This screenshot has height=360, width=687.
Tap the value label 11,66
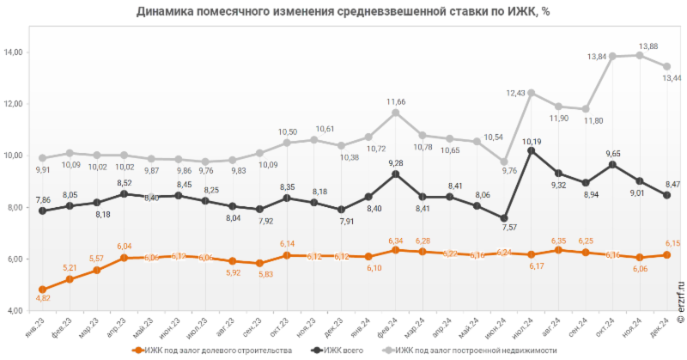pos(396,102)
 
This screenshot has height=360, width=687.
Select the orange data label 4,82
pos(42,298)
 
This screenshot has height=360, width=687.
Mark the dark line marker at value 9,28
pos(396,174)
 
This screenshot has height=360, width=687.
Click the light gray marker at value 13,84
pos(612,57)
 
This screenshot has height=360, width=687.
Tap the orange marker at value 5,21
pos(70,279)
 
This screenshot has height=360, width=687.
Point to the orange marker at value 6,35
pos(558,250)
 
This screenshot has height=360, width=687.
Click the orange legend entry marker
pos(137,350)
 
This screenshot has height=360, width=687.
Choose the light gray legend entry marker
pos(389,350)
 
